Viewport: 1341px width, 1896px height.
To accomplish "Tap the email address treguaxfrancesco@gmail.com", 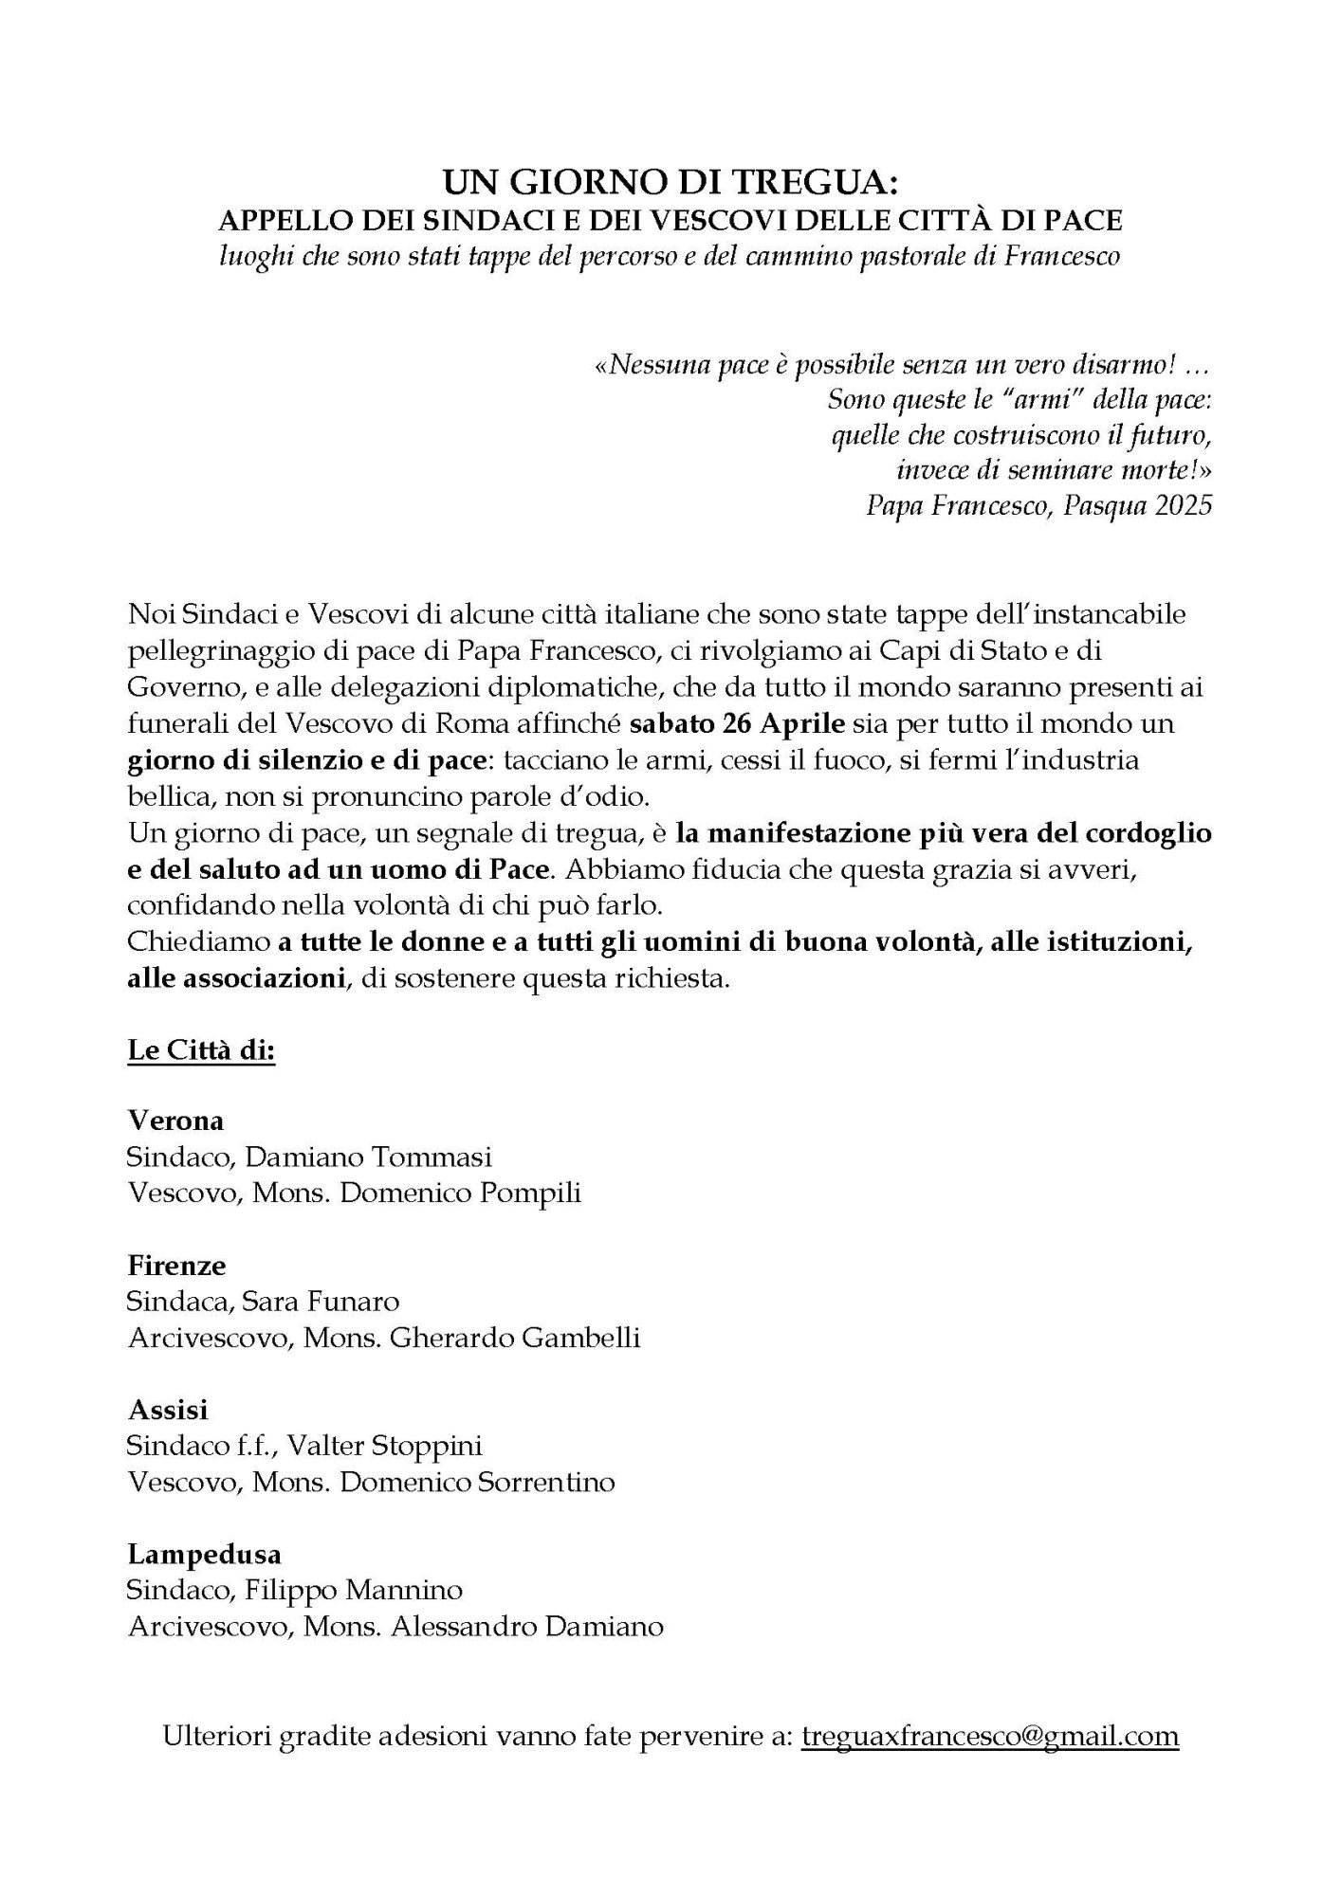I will click(990, 1736).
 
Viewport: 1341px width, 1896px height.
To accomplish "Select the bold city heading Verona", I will click(176, 1121).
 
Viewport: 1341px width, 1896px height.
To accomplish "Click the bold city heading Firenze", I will click(176, 1266).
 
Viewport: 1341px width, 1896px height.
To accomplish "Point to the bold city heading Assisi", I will click(168, 1410).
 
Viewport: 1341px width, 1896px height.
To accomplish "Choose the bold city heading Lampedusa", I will click(205, 1555).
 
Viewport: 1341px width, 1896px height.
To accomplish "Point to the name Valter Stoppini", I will click(384, 1446).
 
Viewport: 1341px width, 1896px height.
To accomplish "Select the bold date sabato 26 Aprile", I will click(737, 724).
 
